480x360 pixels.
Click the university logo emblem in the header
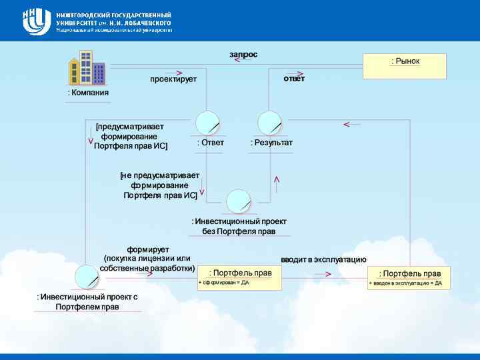click(x=37, y=21)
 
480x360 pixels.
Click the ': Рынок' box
click(x=405, y=66)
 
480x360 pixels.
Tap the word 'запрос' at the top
click(x=243, y=54)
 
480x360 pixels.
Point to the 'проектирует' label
click(x=173, y=79)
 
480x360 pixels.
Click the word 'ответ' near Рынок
click(x=294, y=79)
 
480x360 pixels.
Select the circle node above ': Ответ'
click(x=207, y=123)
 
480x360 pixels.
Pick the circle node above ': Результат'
click(x=270, y=123)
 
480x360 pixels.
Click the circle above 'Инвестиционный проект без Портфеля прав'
click(x=238, y=202)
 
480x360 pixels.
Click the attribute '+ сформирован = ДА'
click(x=224, y=283)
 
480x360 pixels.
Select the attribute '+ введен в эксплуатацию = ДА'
click(x=405, y=283)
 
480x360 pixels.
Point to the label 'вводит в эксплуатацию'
click(x=323, y=260)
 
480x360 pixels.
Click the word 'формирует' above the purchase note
click(x=148, y=249)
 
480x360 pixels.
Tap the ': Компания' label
click(x=88, y=93)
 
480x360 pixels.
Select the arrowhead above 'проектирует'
click(x=179, y=73)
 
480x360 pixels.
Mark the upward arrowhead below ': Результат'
click(x=277, y=180)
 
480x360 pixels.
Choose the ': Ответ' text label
click(x=211, y=143)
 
